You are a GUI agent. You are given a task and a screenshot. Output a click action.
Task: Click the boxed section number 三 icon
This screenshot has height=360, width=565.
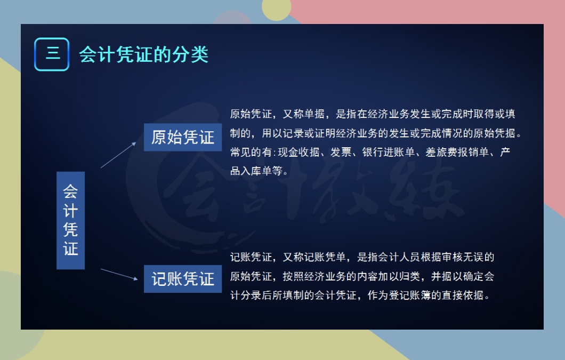click(x=52, y=54)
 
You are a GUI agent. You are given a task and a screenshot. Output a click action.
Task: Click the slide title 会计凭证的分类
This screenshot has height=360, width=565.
click(x=143, y=54)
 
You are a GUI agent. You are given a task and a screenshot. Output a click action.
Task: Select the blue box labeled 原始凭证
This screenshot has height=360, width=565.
click(x=183, y=137)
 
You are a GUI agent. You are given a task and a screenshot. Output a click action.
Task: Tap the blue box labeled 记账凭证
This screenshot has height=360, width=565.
click(x=183, y=279)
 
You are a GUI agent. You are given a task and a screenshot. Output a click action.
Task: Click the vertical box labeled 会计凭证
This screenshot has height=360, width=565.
click(x=71, y=220)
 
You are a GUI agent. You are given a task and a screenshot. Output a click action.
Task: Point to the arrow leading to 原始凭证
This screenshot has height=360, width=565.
click(x=119, y=155)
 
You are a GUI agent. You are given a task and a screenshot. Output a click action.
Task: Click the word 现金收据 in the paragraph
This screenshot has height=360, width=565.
click(x=298, y=152)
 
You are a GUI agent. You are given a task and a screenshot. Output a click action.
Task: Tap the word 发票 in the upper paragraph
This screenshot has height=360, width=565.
click(x=341, y=152)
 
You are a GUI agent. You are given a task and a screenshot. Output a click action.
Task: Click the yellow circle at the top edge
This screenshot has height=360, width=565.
click(x=276, y=8)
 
